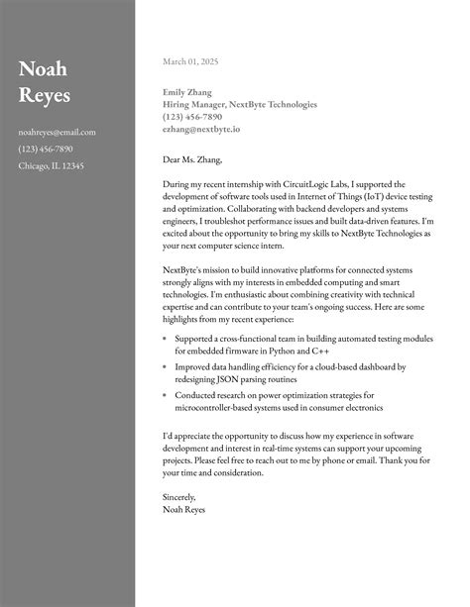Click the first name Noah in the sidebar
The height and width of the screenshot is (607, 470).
pos(42,69)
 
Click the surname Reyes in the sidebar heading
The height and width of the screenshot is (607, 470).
pos(46,95)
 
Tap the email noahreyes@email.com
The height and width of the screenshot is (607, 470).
pos(57,132)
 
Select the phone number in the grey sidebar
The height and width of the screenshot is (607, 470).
pos(46,149)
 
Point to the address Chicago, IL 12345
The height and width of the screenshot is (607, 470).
pos(52,165)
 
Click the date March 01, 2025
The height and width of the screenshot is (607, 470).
pos(190,61)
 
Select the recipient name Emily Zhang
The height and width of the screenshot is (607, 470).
pos(187,92)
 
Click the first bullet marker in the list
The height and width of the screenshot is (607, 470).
pos(164,339)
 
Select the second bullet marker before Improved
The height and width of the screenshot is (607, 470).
pos(164,367)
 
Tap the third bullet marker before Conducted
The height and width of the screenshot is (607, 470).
pos(164,395)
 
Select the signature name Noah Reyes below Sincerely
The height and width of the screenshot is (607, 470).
pos(185,510)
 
